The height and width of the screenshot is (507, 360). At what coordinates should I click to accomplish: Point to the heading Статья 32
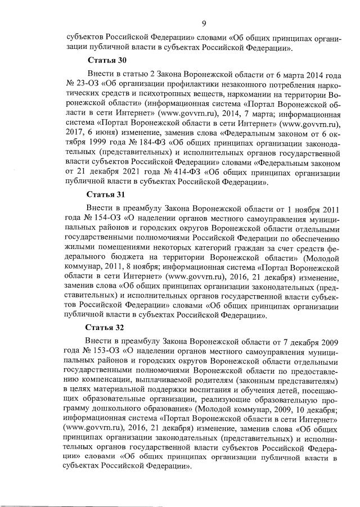(105, 327)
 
